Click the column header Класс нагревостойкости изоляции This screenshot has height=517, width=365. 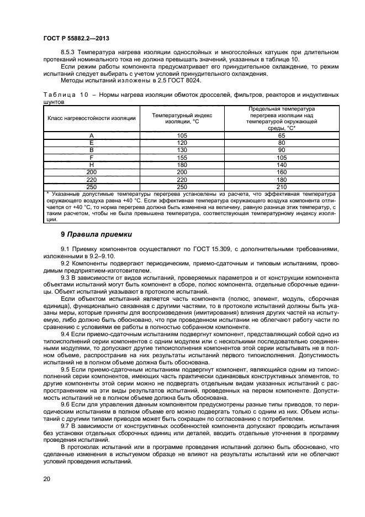tap(92, 118)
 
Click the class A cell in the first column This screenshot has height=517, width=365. tap(92, 135)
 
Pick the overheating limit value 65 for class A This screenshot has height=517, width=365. tap(281, 135)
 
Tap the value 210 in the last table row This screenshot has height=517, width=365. tap(281, 186)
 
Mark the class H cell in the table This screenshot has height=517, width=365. tap(92, 164)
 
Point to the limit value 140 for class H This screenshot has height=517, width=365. tap(281, 164)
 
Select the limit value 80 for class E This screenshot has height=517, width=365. tap(281, 143)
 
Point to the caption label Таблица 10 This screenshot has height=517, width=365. tap(65, 95)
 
